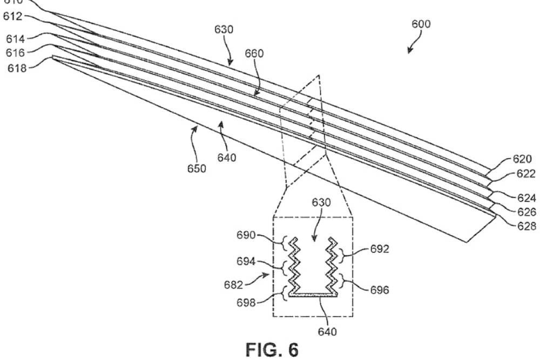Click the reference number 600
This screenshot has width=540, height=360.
click(x=421, y=24)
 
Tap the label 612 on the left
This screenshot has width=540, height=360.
click(x=12, y=17)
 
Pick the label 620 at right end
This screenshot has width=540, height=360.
click(x=523, y=160)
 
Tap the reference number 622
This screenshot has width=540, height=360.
click(x=525, y=174)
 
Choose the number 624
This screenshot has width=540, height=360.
click(x=525, y=199)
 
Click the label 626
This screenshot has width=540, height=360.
click(x=525, y=212)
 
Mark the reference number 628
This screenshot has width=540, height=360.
click(x=525, y=226)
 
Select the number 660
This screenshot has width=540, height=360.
click(x=254, y=53)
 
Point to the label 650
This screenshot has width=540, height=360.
click(x=197, y=169)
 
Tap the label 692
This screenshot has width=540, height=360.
click(x=380, y=249)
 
